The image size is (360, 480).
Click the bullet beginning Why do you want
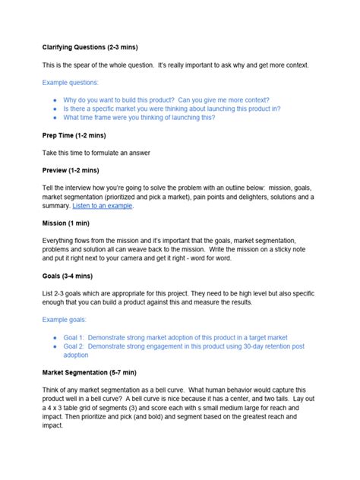[166, 99]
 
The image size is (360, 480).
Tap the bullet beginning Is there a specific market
[172, 109]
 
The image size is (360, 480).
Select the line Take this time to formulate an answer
[96, 153]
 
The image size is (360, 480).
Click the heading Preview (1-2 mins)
[71, 170]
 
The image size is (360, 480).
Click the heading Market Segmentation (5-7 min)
[89, 374]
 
